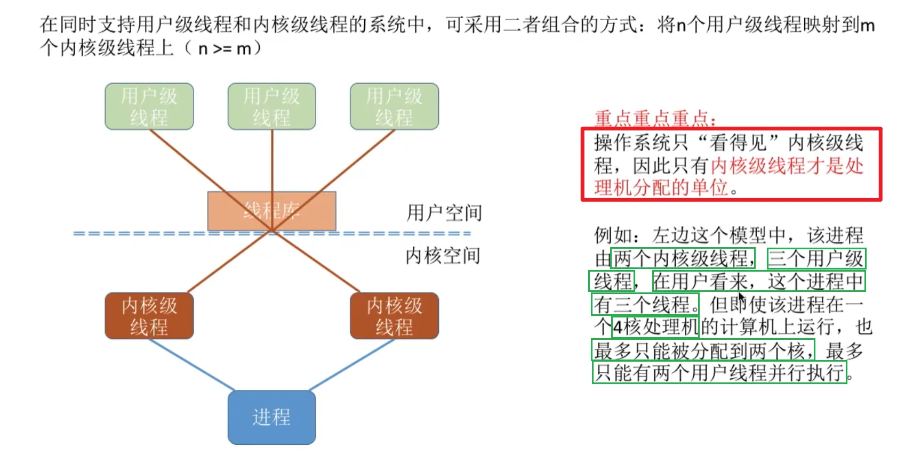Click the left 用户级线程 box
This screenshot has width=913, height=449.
pos(149,106)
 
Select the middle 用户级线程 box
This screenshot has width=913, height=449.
pos(271,106)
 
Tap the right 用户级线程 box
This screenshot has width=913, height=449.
pos(394,106)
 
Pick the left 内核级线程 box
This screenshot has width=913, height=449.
pos(149,315)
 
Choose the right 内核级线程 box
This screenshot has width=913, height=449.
pos(394,315)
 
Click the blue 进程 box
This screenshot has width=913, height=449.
pos(271,417)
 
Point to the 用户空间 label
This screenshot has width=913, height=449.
pos(444,213)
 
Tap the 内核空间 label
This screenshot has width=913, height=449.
pos(443,256)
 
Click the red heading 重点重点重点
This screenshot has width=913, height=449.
pos(655,118)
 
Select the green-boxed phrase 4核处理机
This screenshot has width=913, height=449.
pos(655,326)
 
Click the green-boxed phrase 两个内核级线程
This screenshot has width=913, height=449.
pos(683,258)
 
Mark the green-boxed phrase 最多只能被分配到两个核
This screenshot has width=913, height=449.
pos(703,350)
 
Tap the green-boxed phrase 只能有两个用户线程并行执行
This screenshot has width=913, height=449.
pos(719,372)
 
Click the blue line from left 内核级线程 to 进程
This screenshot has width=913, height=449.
pos(192,365)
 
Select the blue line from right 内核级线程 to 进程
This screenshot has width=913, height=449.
pos(352,365)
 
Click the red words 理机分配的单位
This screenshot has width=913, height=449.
pos(661,187)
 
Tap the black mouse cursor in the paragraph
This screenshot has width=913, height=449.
pos(741,298)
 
